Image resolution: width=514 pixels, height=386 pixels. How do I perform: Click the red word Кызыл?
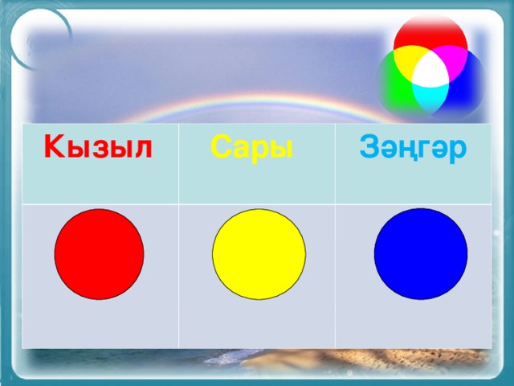pyautogui.click(x=98, y=146)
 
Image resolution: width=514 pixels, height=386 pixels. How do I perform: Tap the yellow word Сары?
pyautogui.click(x=251, y=148)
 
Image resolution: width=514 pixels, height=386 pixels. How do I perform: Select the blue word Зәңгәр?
pyautogui.click(x=413, y=148)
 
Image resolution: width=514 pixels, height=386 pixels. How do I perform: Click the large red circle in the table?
pyautogui.click(x=99, y=254)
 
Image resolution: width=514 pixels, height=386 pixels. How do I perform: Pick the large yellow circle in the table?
pyautogui.click(x=259, y=254)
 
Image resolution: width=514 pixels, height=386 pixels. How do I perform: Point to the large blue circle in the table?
pyautogui.click(x=421, y=254)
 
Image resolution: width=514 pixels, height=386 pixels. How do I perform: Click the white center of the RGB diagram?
pyautogui.click(x=430, y=71)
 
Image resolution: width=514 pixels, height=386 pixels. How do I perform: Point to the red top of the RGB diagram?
pyautogui.click(x=430, y=33)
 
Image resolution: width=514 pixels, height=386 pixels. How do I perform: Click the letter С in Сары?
pyautogui.click(x=221, y=146)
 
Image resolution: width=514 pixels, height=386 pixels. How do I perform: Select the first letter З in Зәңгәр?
pyautogui.click(x=369, y=146)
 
